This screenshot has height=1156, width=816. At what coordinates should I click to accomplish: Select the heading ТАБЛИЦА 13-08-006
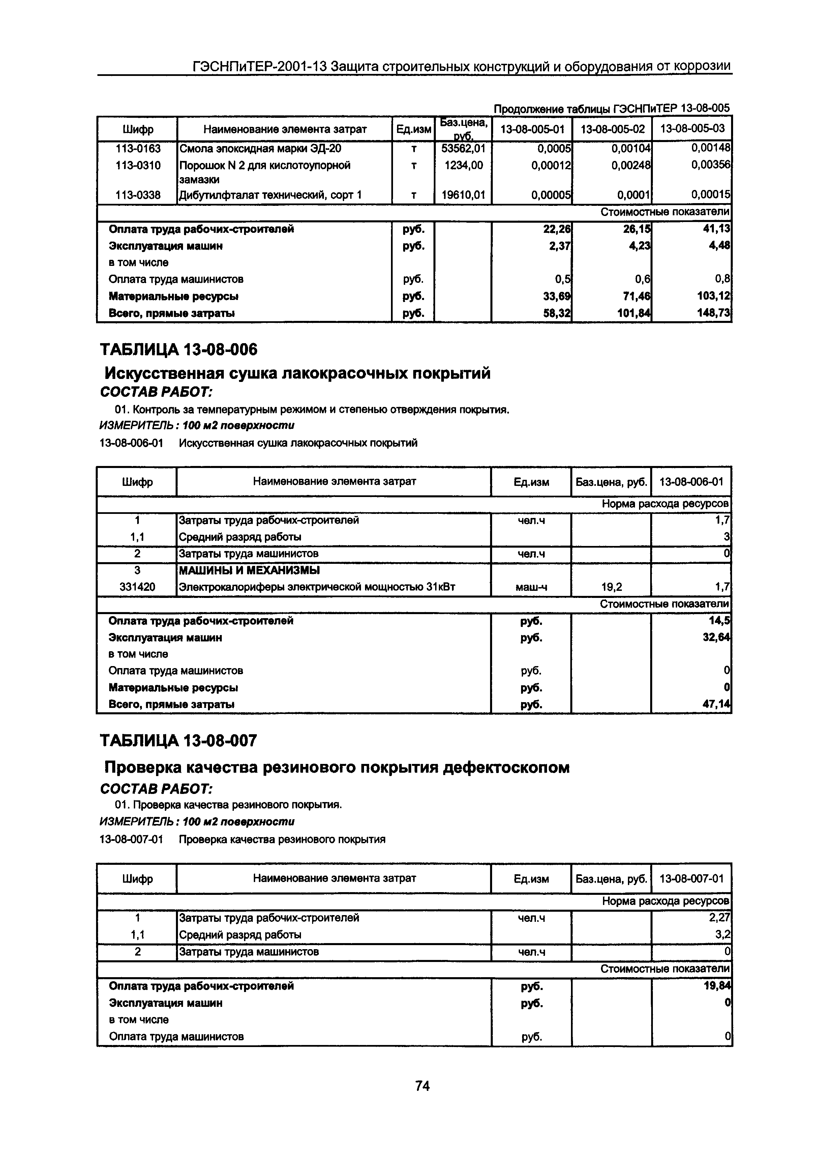(x=179, y=349)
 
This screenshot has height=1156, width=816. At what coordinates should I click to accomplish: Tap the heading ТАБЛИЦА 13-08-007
(x=179, y=741)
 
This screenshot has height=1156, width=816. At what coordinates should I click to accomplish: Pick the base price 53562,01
(x=463, y=148)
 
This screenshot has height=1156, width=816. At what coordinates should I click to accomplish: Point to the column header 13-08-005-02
(x=612, y=129)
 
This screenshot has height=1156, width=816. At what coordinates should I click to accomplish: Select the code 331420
(x=137, y=586)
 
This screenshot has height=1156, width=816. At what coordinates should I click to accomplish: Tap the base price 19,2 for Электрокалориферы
(x=611, y=586)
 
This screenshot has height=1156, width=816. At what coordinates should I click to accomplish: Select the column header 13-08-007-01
(x=691, y=879)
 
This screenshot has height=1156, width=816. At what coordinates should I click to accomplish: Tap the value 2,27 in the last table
(x=719, y=918)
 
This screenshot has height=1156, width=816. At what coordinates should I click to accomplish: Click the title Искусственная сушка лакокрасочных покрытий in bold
(x=297, y=374)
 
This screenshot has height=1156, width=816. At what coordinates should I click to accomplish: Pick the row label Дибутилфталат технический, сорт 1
(x=270, y=195)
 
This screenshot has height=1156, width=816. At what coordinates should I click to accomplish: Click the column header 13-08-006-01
(x=691, y=482)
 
